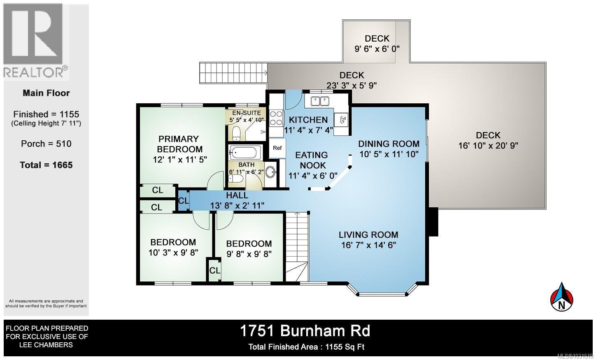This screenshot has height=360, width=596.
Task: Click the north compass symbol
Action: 562,297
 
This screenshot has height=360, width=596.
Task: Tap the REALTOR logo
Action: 35,41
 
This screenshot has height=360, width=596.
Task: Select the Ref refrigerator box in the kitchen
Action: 277,148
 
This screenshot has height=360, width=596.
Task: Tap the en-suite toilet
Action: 236,133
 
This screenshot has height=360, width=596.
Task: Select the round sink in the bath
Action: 270,172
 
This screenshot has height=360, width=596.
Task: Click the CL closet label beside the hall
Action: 183,201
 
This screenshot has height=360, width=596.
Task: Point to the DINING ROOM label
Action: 389,144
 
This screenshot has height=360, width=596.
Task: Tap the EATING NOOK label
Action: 312,160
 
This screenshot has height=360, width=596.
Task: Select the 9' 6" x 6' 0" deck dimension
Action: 377,49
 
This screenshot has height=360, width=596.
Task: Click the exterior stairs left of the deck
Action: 233,73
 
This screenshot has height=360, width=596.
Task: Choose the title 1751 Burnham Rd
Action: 305,331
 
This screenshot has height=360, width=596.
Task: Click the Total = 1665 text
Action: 46,165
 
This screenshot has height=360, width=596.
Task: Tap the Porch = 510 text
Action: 46,144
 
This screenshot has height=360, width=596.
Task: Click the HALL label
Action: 237,195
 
